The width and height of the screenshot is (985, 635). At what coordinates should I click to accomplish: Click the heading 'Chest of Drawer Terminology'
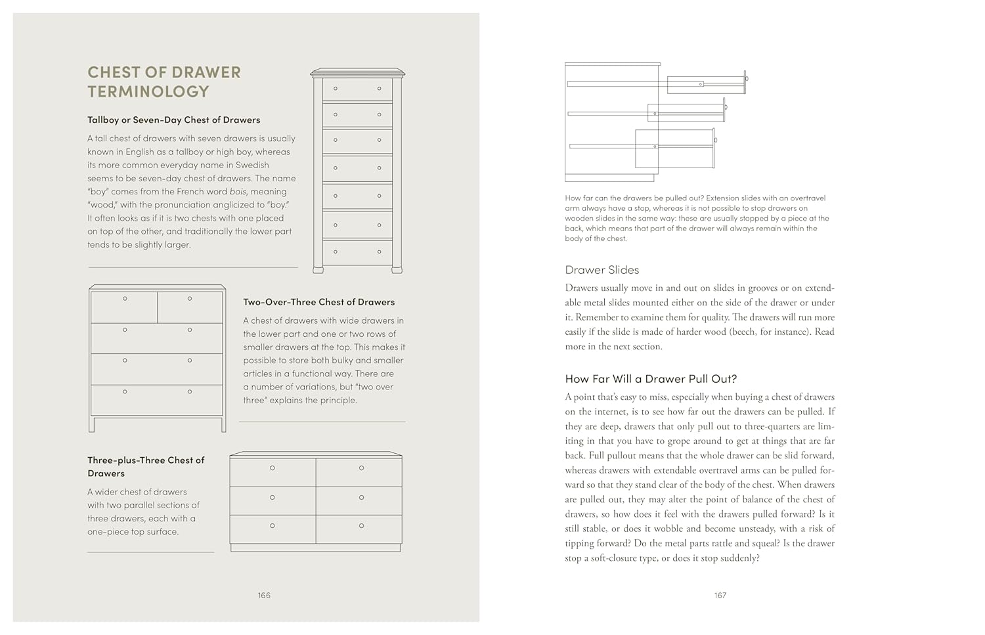click(x=164, y=82)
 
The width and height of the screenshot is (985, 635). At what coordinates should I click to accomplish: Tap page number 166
click(x=264, y=596)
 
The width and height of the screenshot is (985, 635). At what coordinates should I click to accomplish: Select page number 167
click(x=720, y=596)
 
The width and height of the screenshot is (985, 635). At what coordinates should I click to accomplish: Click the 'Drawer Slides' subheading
click(x=602, y=270)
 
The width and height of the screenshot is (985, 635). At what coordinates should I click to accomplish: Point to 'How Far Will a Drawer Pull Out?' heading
click(x=651, y=379)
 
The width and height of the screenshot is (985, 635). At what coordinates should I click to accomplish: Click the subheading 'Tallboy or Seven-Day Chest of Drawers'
click(x=173, y=120)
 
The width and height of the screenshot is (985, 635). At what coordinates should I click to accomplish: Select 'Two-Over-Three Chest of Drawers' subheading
click(x=318, y=302)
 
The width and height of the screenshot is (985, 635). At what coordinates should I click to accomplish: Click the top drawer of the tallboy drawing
click(x=357, y=89)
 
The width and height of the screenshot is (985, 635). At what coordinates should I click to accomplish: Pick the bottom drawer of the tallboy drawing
click(x=357, y=252)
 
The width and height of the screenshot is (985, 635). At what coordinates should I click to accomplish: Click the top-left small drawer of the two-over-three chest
click(x=124, y=307)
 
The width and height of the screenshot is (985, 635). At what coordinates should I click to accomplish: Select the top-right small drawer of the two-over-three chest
click(x=190, y=307)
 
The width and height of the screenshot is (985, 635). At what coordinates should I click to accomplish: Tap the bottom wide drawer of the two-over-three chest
click(x=157, y=400)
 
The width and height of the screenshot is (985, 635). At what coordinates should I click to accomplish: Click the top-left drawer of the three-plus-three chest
click(x=273, y=472)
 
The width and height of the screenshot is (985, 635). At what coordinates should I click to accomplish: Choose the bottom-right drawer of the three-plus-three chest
click(x=359, y=529)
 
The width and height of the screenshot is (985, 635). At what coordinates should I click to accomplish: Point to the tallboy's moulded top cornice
click(x=357, y=72)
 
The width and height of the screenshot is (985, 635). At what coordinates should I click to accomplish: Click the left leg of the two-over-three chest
click(x=91, y=424)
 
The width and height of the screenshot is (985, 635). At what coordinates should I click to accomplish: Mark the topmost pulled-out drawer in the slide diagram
click(x=707, y=84)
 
